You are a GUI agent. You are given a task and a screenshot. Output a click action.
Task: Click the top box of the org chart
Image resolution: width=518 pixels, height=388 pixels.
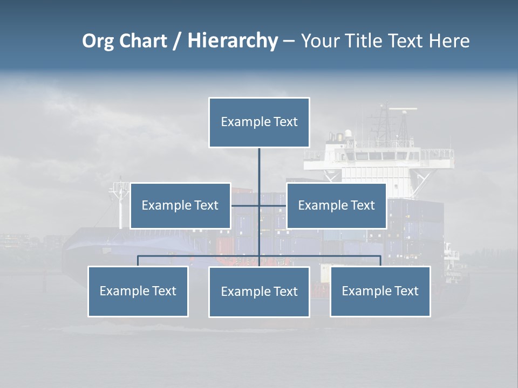(x=259, y=122)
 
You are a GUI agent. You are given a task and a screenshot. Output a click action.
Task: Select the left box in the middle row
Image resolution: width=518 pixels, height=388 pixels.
(x=180, y=206)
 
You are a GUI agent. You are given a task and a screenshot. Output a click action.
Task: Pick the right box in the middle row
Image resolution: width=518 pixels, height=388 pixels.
(x=336, y=206)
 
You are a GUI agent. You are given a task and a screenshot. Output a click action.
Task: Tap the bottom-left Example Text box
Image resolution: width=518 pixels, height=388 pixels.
(x=138, y=292)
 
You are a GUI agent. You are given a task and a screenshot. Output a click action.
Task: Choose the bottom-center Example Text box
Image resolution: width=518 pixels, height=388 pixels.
(x=259, y=292)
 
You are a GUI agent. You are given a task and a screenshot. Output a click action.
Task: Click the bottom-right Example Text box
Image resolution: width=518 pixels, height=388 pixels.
(x=380, y=292)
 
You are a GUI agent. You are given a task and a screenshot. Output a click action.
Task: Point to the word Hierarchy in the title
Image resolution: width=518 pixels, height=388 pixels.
(x=233, y=41)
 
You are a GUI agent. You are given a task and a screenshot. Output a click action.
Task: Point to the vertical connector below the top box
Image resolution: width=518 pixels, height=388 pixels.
(x=259, y=164)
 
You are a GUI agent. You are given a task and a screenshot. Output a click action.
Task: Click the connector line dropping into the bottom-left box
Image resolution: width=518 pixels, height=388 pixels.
(x=138, y=261)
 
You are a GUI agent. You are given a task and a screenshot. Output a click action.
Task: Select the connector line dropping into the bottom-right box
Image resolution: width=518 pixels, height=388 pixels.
(x=380, y=261)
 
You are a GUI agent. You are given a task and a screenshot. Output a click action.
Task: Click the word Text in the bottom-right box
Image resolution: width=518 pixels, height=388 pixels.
(x=406, y=292)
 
